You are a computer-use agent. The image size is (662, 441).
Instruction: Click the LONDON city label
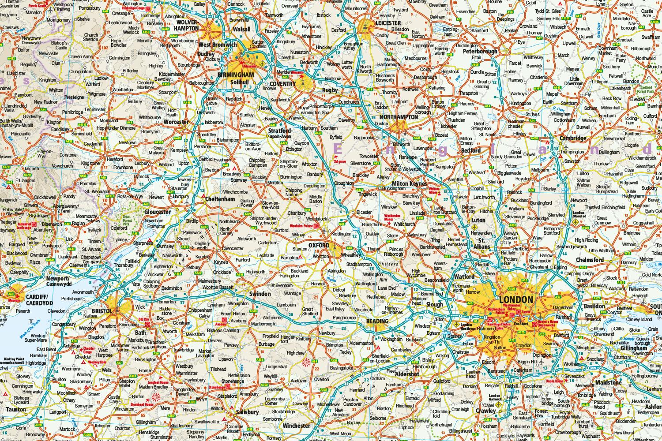[516, 300]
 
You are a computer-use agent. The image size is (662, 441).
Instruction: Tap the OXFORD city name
[319, 246]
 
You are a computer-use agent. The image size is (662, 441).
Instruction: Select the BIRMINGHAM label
[236, 75]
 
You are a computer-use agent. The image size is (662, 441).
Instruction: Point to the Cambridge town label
[573, 138]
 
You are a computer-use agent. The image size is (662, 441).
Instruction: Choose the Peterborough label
[480, 51]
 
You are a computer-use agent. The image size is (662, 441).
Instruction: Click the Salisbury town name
[247, 412]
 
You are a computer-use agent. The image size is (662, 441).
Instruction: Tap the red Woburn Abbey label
[435, 192]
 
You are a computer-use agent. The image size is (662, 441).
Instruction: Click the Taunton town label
[16, 409]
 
